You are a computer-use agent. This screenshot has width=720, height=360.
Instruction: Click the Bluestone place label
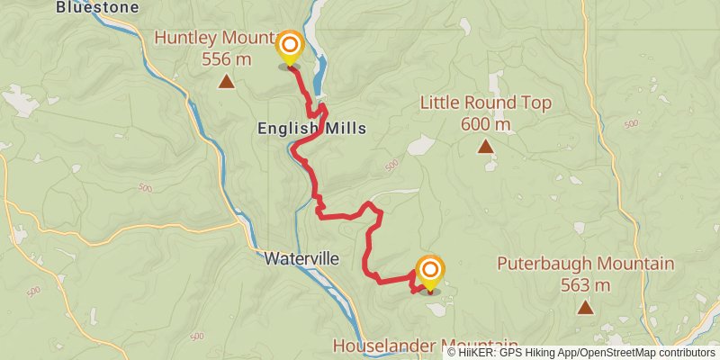click(97, 7)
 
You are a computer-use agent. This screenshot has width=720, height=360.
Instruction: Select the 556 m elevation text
click(227, 59)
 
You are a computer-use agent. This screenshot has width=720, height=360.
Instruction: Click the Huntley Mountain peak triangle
click(227, 83)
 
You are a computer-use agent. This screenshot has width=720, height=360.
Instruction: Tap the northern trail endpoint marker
click(290, 47)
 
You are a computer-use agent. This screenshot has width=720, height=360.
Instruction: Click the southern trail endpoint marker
click(430, 272)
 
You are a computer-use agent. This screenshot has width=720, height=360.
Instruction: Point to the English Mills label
click(311, 129)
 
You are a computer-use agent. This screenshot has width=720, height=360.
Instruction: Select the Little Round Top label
click(486, 103)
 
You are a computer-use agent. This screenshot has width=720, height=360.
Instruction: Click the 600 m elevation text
click(486, 124)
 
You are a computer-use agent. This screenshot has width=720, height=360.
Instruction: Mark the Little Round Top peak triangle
click(486, 146)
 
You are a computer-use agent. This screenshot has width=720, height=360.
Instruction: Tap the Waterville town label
click(301, 258)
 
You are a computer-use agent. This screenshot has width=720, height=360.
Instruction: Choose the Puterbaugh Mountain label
click(586, 264)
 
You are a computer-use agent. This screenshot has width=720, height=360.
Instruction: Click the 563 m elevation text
click(586, 285)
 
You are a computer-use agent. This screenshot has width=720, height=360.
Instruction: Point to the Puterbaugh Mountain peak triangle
click(586, 307)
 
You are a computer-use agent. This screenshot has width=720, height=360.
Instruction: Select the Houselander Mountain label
click(425, 346)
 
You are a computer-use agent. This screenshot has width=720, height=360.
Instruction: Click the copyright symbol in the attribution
click(452, 353)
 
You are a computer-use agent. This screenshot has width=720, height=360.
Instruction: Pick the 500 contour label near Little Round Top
click(391, 166)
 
